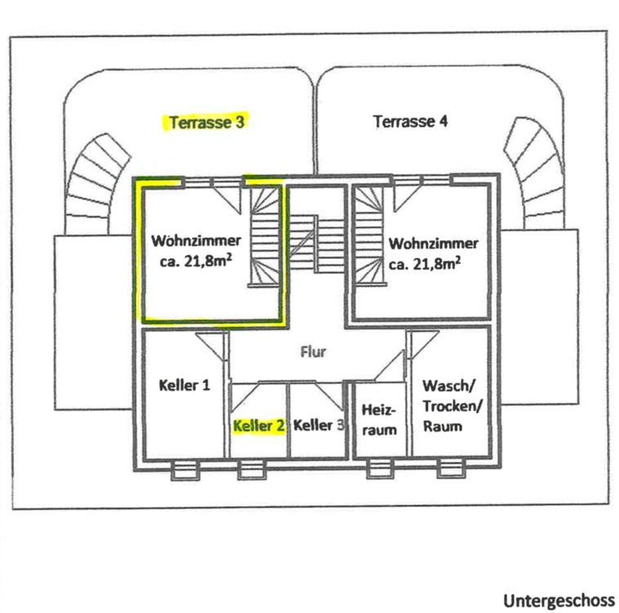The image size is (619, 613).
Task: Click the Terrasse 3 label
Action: coord(207,123)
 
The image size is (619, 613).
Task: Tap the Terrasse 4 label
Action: coord(411,122)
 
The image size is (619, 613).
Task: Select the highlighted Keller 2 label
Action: coord(259,426)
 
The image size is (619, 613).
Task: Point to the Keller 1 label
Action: coord(184,384)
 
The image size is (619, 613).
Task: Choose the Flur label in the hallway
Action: coord(314,353)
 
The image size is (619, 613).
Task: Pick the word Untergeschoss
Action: coord(559,602)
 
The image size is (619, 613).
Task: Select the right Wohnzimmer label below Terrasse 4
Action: coord(434,253)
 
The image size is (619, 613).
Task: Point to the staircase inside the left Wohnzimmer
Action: coord(264,237)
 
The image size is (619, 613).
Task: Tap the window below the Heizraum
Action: coord(378,469)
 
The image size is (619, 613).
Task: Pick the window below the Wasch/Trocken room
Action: coord(448,469)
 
